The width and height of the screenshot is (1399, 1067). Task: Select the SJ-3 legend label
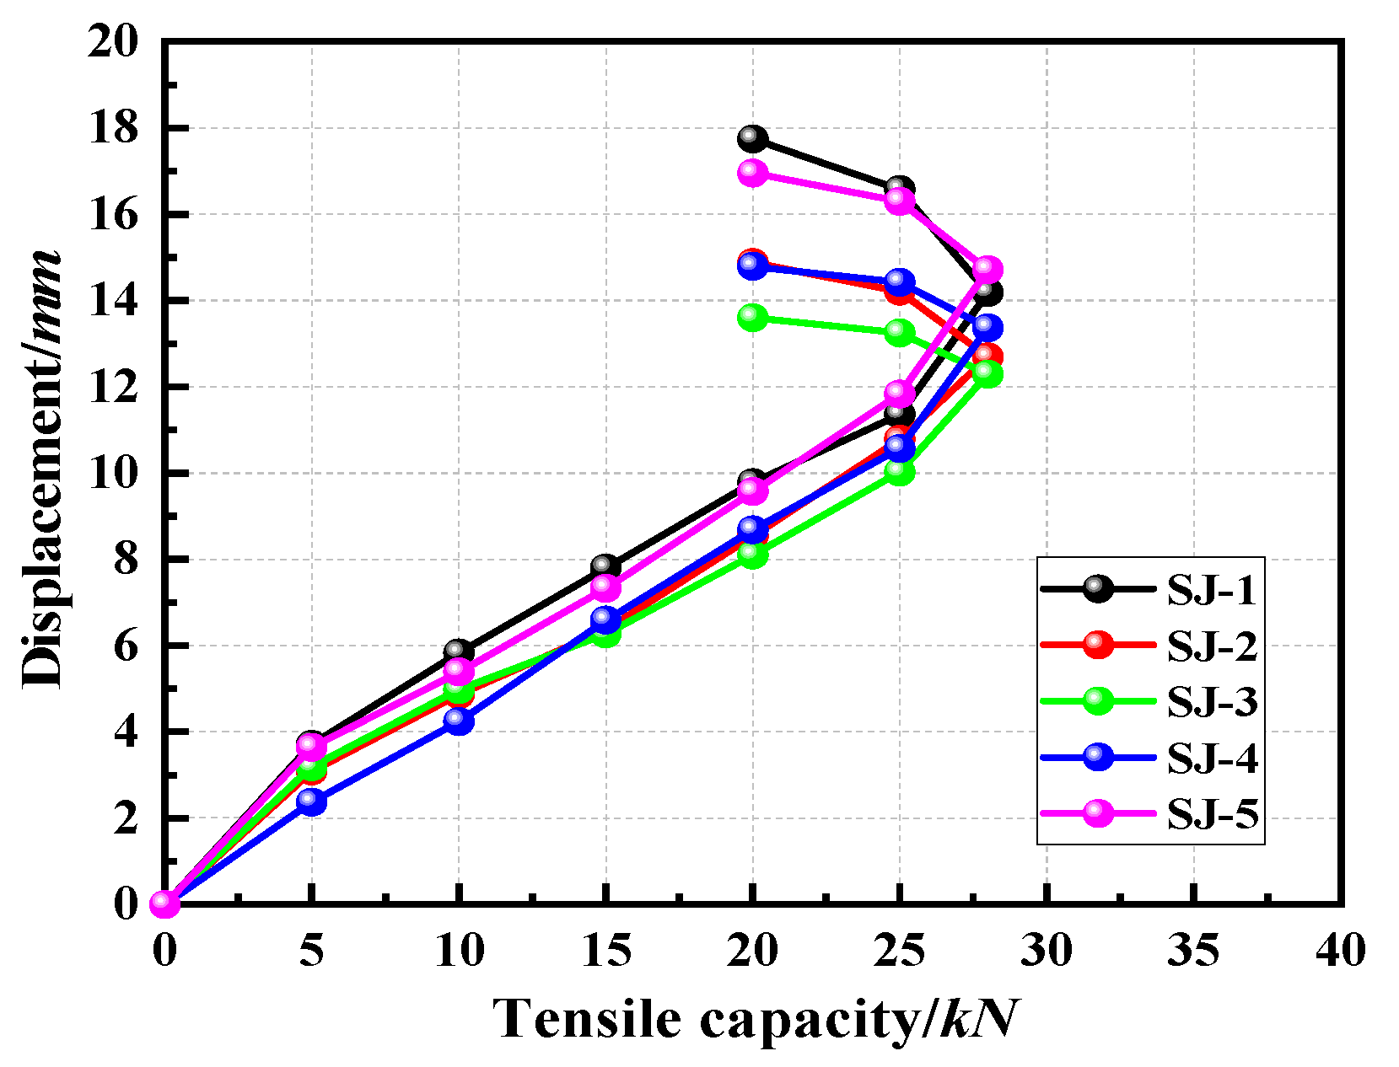tap(1212, 701)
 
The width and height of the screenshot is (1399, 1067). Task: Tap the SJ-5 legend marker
tap(1098, 812)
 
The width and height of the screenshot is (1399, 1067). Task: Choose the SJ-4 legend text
tap(1212, 758)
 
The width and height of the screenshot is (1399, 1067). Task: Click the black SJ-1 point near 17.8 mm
tap(752, 138)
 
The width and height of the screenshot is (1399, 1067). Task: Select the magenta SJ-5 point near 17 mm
tap(752, 173)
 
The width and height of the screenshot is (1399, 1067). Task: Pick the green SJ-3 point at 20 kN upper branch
tap(752, 318)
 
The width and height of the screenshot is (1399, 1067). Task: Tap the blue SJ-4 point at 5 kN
tap(311, 801)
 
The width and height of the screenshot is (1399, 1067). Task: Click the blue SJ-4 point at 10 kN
tap(459, 721)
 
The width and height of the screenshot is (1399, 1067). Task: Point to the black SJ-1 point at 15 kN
tap(605, 566)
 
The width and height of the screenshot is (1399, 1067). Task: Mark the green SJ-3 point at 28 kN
tap(987, 373)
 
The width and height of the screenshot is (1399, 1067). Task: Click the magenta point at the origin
tap(164, 903)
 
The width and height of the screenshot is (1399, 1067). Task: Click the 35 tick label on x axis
tap(1194, 951)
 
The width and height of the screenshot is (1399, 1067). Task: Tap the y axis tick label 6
tap(125, 646)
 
